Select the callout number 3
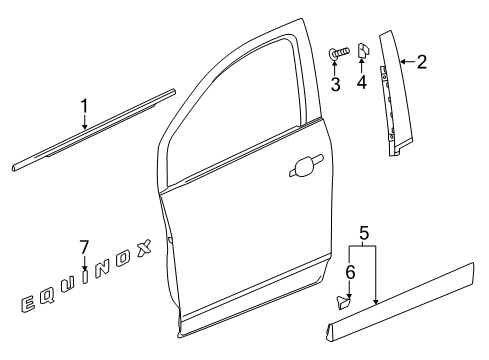336,84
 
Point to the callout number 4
362,84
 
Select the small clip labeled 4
362,50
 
